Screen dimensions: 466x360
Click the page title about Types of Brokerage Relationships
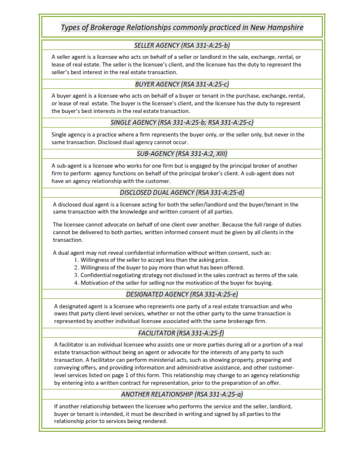pyautogui.click(x=182, y=28)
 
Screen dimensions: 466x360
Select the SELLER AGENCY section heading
pyautogui.click(x=182, y=45)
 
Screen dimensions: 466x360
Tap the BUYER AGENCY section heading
pyautogui.click(x=182, y=84)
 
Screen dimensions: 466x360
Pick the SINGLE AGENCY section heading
pyautogui.click(x=182, y=122)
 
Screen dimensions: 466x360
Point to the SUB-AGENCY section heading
pyautogui.click(x=182, y=153)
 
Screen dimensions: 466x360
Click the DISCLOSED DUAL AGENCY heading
pyautogui.click(x=182, y=192)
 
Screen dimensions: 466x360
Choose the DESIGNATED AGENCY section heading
pyautogui.click(x=182, y=294)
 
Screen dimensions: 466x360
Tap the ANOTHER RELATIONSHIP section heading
pyautogui.click(x=182, y=394)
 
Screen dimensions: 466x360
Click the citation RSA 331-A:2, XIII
pyautogui.click(x=199, y=153)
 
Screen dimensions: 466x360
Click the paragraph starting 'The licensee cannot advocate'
pyautogui.click(x=176, y=232)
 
